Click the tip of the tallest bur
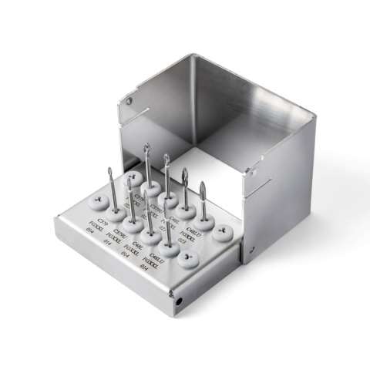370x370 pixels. [x=146, y=146]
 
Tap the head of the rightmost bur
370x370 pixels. [x=203, y=190]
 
